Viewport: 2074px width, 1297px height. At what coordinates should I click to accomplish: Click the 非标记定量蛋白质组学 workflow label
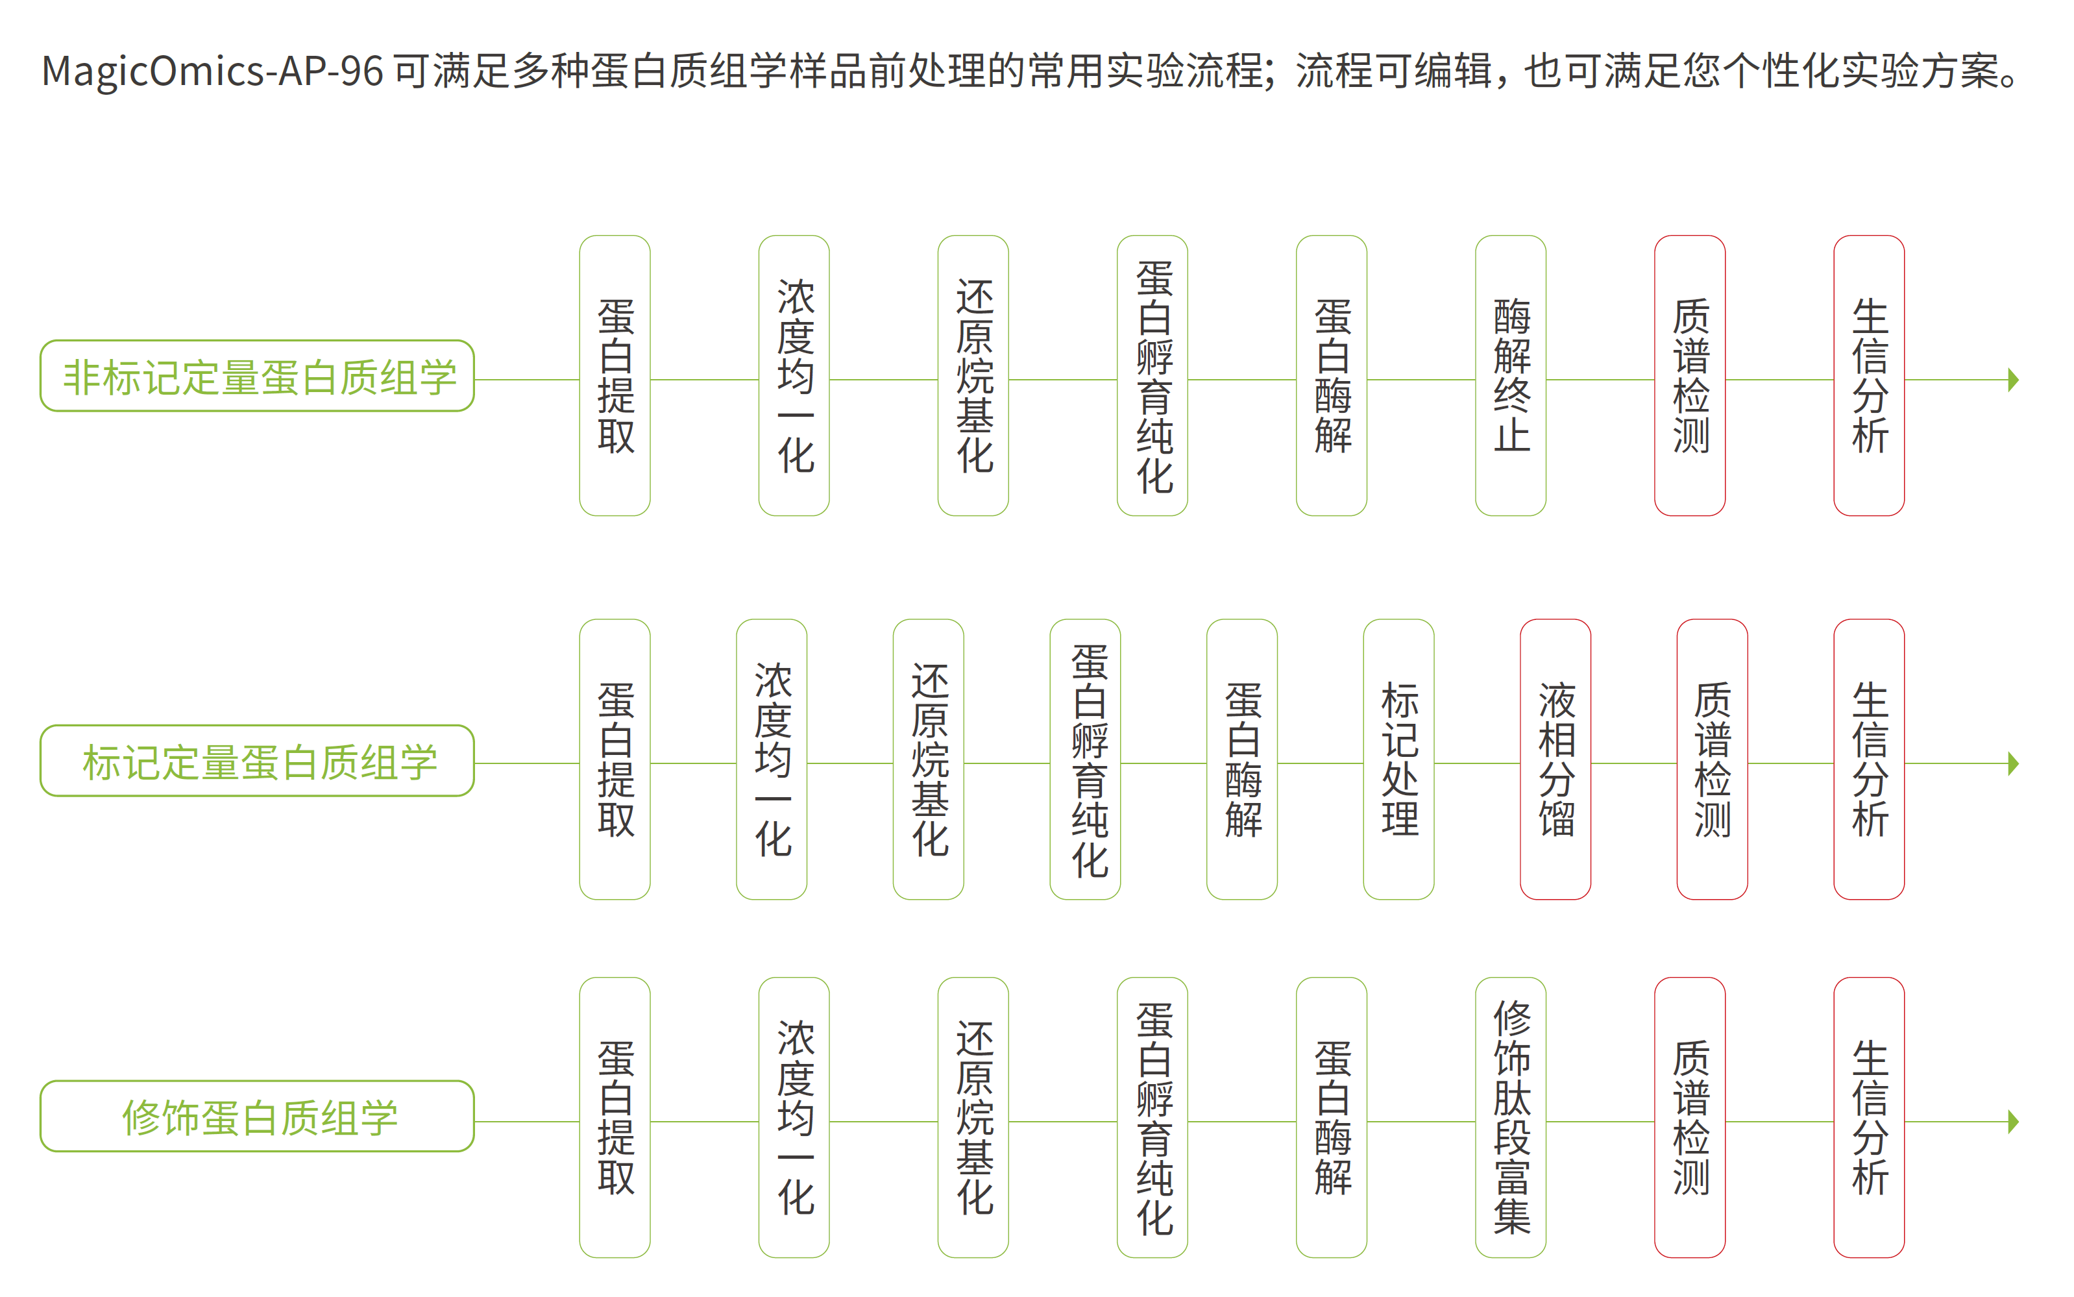tap(257, 376)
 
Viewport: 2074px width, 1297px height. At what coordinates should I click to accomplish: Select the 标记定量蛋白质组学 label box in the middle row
tap(257, 761)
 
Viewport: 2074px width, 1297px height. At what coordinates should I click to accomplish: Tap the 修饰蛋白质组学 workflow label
tap(257, 1116)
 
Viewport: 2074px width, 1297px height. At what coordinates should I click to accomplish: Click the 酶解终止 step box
tap(1510, 376)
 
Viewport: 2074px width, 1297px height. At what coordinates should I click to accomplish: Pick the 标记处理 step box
tap(1398, 759)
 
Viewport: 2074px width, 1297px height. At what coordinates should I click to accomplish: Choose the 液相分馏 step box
tap(1555, 759)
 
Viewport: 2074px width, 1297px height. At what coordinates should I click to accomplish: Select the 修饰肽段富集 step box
tap(1510, 1117)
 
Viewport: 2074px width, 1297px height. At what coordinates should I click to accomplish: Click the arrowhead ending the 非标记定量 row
tap(2013, 379)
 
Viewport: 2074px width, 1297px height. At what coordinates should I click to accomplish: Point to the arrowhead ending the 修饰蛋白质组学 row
tap(2013, 1121)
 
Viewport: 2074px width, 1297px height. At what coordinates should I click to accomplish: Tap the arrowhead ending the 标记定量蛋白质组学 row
tap(2013, 763)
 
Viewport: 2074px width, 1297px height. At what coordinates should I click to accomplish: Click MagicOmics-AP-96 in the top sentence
tap(212, 70)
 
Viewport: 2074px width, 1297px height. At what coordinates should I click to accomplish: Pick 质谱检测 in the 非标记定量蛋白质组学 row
tap(1689, 376)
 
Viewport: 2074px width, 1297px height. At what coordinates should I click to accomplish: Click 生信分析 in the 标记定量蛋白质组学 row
tap(1868, 759)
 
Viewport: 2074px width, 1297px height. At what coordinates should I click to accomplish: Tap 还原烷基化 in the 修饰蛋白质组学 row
tap(973, 1117)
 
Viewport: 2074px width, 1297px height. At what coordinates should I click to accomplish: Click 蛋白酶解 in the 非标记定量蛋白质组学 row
tap(1331, 376)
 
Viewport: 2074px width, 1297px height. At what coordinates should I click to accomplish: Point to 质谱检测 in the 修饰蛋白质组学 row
tap(1689, 1117)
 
